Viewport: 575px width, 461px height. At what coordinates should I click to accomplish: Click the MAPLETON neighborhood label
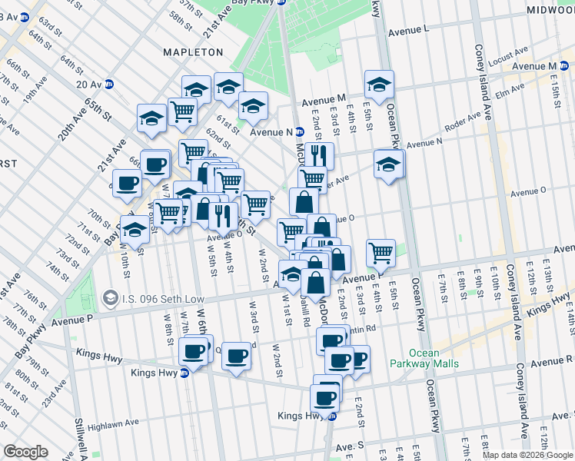[193, 52]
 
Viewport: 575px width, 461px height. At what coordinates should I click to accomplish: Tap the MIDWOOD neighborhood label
[550, 10]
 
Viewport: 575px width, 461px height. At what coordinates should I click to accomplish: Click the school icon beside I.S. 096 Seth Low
[110, 297]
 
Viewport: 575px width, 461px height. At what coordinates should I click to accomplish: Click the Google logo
[25, 452]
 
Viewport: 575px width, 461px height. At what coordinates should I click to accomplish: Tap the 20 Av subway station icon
[109, 85]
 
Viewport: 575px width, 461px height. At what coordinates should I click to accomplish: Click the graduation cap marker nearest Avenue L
[379, 85]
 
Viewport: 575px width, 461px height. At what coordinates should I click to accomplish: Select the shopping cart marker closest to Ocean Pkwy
[381, 252]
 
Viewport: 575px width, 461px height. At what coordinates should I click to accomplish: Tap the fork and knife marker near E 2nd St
[318, 156]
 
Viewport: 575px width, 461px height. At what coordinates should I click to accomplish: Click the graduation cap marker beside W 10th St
[135, 229]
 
